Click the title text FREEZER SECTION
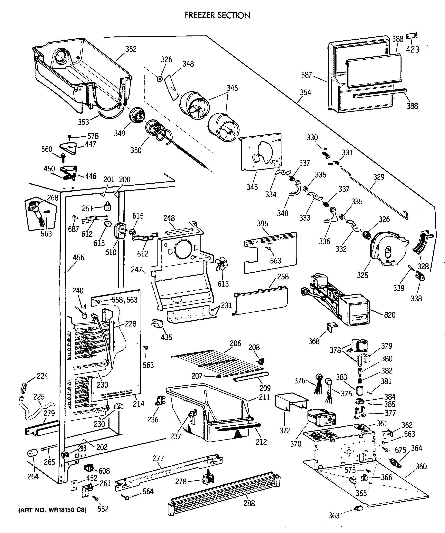[x=217, y=15]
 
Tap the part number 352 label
[x=131, y=49]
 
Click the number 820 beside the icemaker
[x=390, y=315]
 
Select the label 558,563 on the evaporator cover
[x=125, y=300]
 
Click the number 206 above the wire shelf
[x=235, y=343]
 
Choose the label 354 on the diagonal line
[x=306, y=92]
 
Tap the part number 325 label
[x=362, y=275]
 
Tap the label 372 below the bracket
[x=285, y=431]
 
